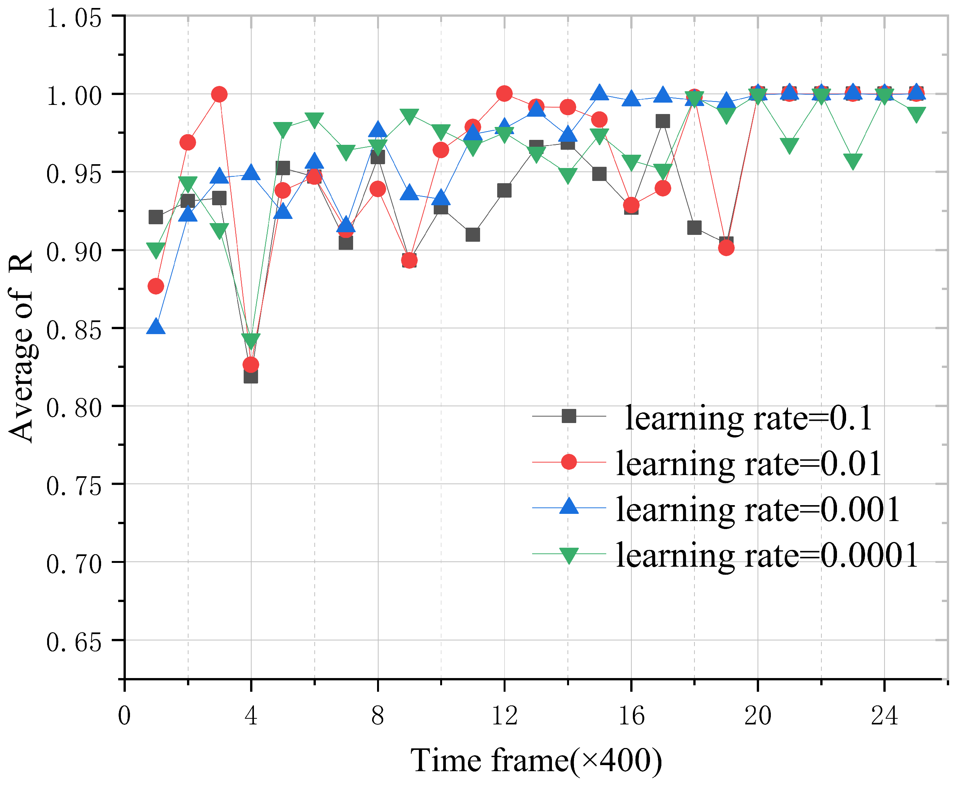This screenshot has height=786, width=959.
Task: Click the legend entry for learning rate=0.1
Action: pyautogui.click(x=748, y=418)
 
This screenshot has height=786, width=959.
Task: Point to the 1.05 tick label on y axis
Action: pyautogui.click(x=74, y=19)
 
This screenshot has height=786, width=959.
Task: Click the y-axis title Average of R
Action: pyautogui.click(x=21, y=346)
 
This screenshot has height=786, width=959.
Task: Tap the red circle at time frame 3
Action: pyautogui.click(x=219, y=95)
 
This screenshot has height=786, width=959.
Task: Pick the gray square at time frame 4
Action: pyautogui.click(x=251, y=376)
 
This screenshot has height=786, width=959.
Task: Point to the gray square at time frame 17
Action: pyautogui.click(x=663, y=121)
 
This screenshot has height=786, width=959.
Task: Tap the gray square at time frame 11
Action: pyautogui.click(x=472, y=235)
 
